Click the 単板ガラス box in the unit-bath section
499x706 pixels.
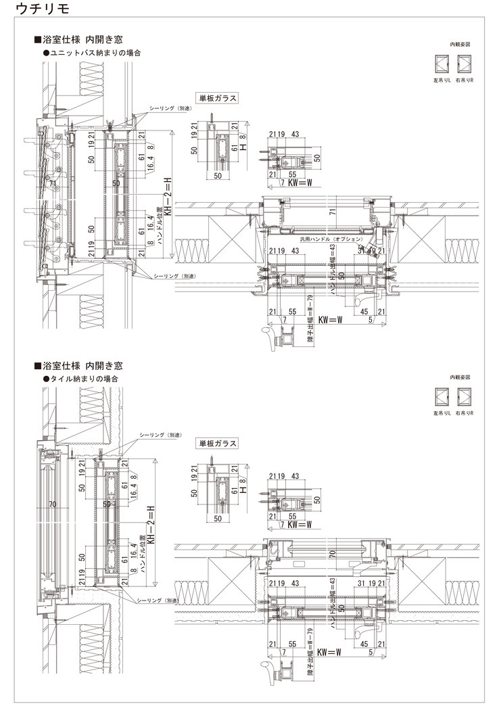point(216,98)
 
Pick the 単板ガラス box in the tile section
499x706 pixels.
point(216,444)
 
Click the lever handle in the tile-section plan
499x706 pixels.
point(274,677)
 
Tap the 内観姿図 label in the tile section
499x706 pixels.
point(459,377)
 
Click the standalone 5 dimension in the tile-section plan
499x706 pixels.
point(371,653)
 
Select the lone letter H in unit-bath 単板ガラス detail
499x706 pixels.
point(241,145)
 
